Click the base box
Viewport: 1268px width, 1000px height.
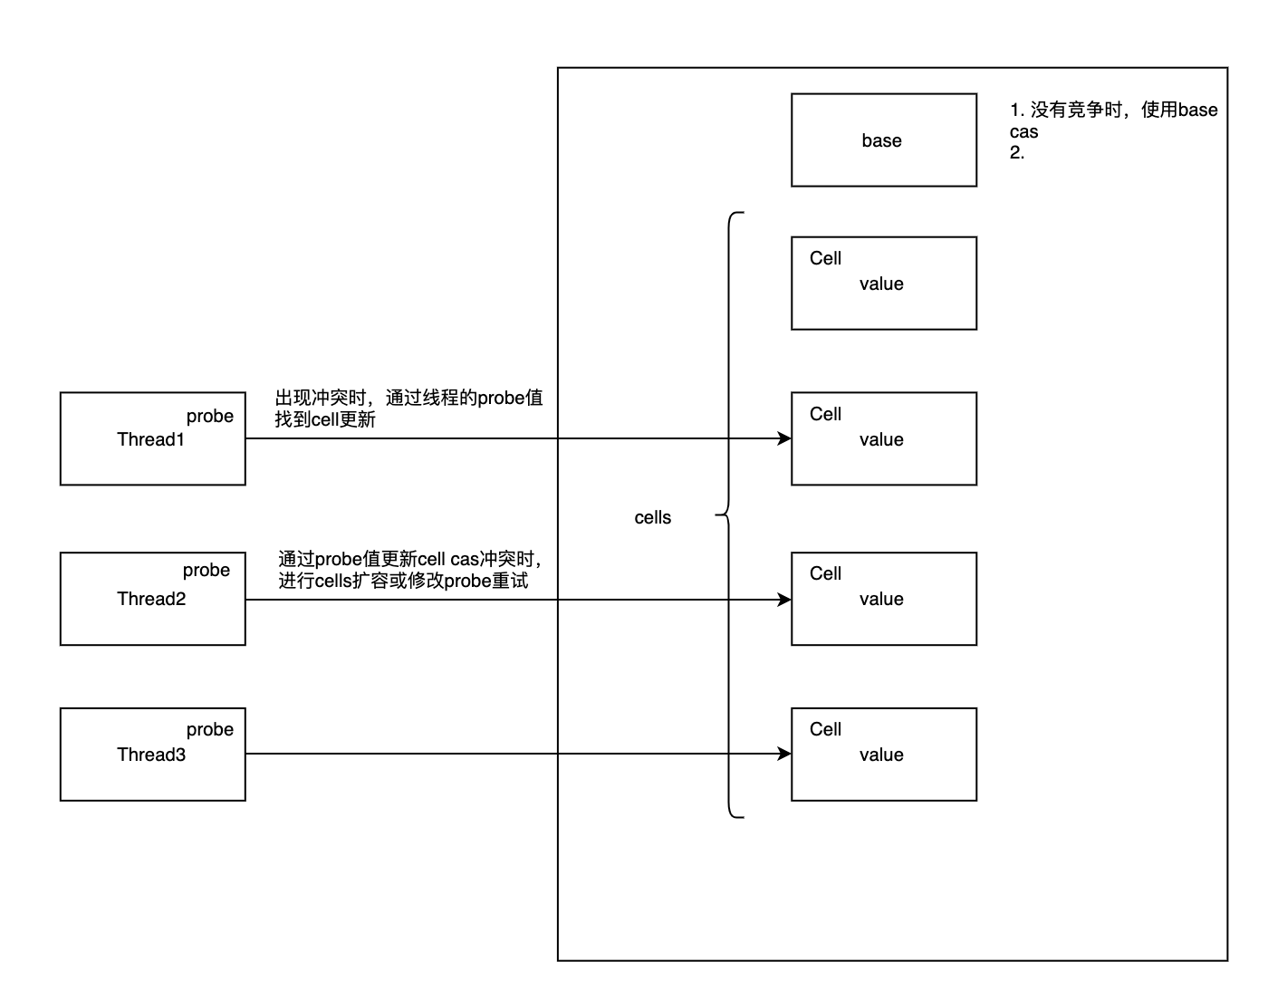click(883, 140)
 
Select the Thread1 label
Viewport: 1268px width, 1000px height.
click(150, 440)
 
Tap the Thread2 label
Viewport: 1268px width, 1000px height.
click(151, 600)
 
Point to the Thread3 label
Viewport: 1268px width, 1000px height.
click(151, 755)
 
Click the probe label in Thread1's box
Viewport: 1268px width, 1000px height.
click(210, 417)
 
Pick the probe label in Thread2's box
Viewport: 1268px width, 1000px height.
click(207, 571)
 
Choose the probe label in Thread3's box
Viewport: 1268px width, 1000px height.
click(210, 730)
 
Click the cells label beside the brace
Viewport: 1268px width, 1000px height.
click(653, 518)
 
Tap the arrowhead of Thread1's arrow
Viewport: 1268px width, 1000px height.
click(785, 439)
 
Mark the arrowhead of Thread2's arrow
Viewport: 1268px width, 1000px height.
click(785, 600)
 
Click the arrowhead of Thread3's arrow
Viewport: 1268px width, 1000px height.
click(785, 754)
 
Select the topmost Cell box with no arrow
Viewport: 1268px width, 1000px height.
click(883, 284)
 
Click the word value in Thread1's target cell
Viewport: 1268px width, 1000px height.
click(881, 440)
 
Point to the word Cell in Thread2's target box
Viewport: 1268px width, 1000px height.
click(825, 574)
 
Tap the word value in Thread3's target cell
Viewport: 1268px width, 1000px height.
click(881, 755)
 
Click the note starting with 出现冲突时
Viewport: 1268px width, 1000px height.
click(409, 409)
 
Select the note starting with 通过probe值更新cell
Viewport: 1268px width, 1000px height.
click(409, 571)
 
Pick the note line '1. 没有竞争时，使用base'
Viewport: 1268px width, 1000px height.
click(1113, 111)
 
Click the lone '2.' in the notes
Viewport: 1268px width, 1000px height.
click(1017, 153)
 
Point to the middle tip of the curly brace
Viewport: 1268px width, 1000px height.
click(717, 515)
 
